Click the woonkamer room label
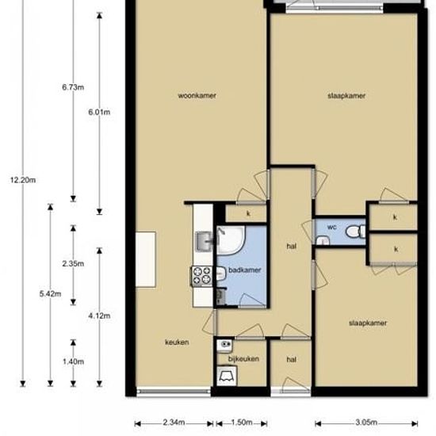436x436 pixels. coord(197,96)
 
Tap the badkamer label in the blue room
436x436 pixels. coord(245,270)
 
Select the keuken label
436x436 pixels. coord(177,342)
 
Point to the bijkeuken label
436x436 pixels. coord(243,358)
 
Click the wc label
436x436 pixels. coord(331,228)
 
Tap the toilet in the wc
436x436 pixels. coord(355,231)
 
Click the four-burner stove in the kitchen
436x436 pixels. coord(201,275)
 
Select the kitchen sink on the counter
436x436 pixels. coord(205,241)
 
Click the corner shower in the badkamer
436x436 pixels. coord(231,240)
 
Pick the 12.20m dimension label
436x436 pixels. coord(23,180)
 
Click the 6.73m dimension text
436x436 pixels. coord(73,87)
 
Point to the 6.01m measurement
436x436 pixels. coord(99,112)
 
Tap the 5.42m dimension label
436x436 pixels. coord(50,293)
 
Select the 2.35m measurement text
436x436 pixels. coord(73,264)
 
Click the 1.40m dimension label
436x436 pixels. coord(73,361)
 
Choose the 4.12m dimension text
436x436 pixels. coord(99,316)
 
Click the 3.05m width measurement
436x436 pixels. coord(366,423)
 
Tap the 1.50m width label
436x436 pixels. coord(242,423)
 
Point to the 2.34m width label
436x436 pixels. coord(174,423)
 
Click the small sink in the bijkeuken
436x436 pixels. coord(224,346)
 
